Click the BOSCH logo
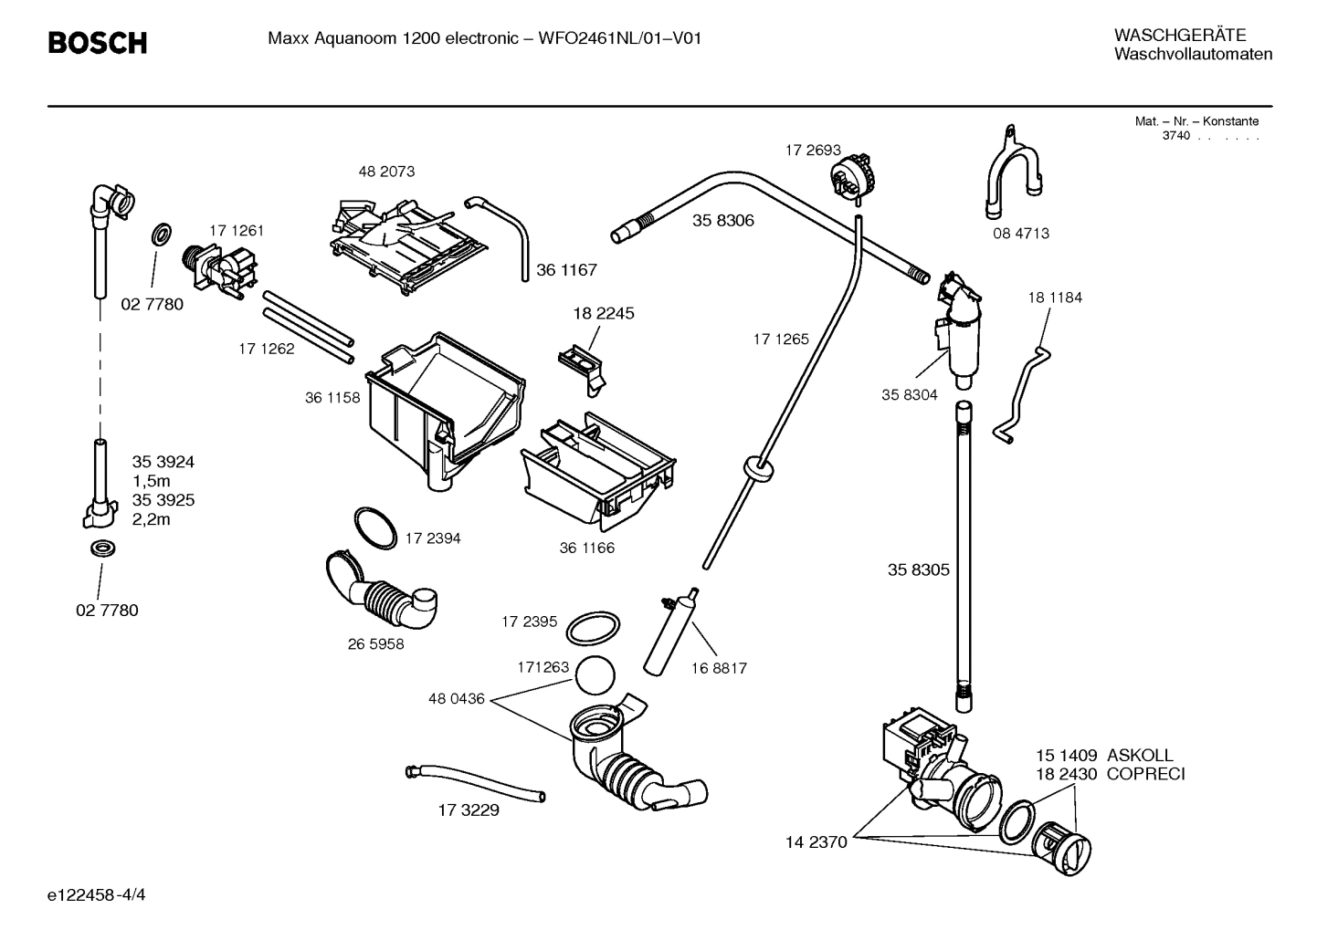(x=97, y=42)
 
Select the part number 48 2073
(x=386, y=172)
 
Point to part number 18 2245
(x=604, y=313)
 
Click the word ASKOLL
(x=1140, y=755)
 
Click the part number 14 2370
(x=817, y=841)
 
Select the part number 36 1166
(x=586, y=548)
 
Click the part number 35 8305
(x=919, y=569)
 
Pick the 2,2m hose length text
(x=152, y=519)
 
